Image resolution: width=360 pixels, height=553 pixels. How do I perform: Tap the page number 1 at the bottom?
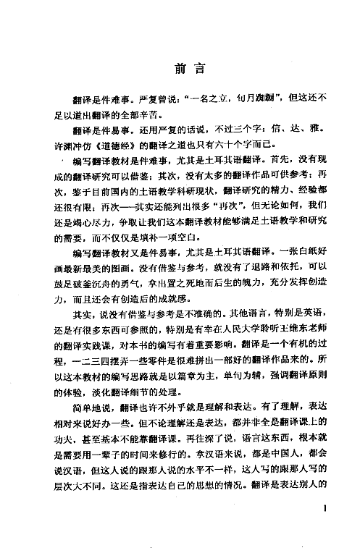[328, 510]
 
